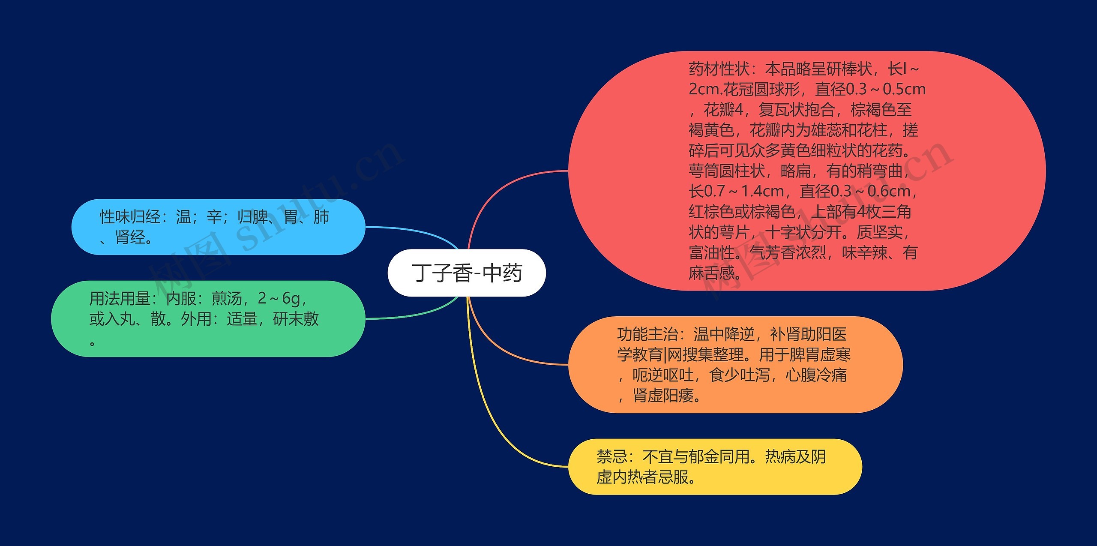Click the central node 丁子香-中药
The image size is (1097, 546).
[x=467, y=273]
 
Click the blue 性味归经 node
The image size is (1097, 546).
[x=218, y=227]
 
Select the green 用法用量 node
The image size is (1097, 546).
[x=208, y=319]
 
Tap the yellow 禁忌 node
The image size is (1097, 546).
[x=715, y=467]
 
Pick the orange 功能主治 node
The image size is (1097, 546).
[x=735, y=365]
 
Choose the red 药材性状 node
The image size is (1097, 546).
[x=806, y=171]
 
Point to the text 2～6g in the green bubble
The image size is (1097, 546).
[x=279, y=298]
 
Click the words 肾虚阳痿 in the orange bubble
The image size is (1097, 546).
[x=663, y=396]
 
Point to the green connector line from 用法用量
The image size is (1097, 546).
[x=411, y=315]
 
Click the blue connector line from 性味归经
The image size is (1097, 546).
[x=411, y=230]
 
